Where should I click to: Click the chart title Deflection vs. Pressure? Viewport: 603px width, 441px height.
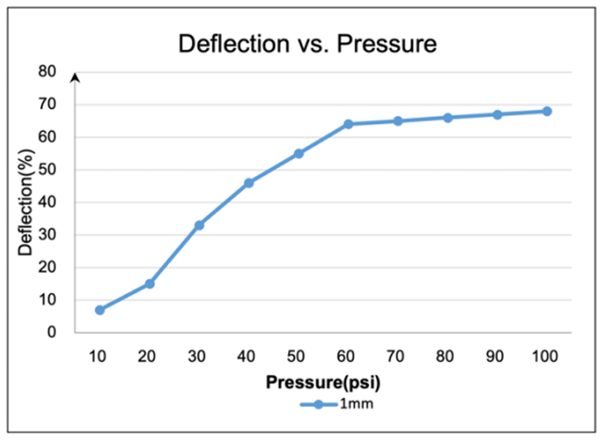tap(306, 44)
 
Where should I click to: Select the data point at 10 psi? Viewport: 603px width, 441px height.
tap(99, 310)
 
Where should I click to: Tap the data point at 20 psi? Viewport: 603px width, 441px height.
tap(149, 283)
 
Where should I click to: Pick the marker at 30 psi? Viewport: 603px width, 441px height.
tap(199, 225)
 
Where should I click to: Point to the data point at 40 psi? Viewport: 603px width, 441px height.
tap(249, 183)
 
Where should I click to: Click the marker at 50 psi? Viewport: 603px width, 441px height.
tap(298, 153)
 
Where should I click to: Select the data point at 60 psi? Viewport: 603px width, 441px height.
tap(348, 124)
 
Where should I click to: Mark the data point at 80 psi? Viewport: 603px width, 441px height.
tap(448, 118)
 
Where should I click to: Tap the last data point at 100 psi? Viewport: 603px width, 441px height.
tap(547, 111)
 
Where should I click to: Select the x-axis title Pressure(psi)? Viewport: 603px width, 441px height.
tap(324, 382)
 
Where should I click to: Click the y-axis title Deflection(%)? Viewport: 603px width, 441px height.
tap(25, 203)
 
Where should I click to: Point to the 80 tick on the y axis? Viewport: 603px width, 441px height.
tap(48, 72)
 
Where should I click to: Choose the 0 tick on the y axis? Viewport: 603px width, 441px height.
tap(52, 333)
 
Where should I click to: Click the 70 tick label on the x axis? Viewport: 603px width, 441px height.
tap(398, 356)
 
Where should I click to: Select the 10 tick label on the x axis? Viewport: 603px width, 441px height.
tap(99, 356)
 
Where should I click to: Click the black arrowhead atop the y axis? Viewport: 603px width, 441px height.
tap(75, 78)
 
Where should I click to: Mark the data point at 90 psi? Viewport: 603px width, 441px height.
tap(497, 114)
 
